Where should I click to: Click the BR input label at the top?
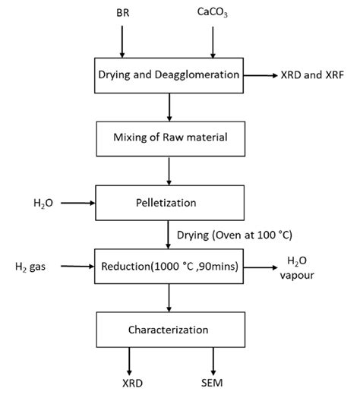(124, 13)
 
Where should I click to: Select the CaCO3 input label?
(213, 13)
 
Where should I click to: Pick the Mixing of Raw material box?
(168, 138)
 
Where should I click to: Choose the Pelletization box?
(168, 204)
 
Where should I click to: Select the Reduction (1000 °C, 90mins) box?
(168, 266)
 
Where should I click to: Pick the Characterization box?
(168, 330)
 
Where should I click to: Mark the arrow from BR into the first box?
(124, 41)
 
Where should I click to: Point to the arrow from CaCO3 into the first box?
(213, 41)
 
